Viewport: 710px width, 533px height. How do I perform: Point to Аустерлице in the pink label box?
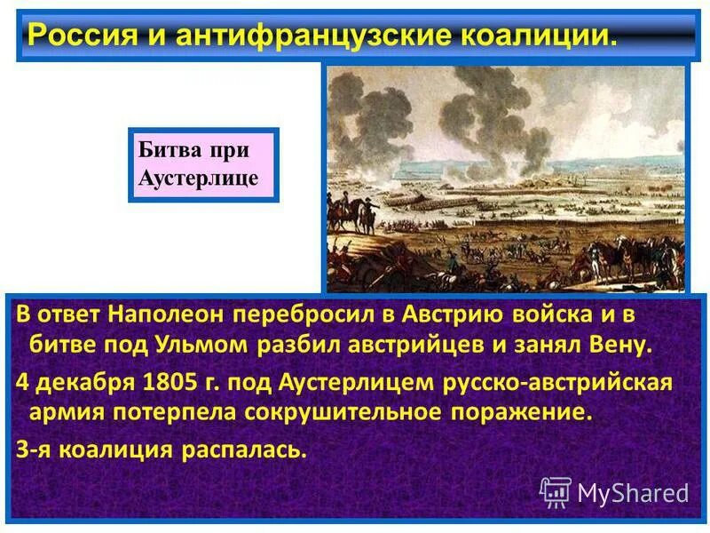pos(199,178)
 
